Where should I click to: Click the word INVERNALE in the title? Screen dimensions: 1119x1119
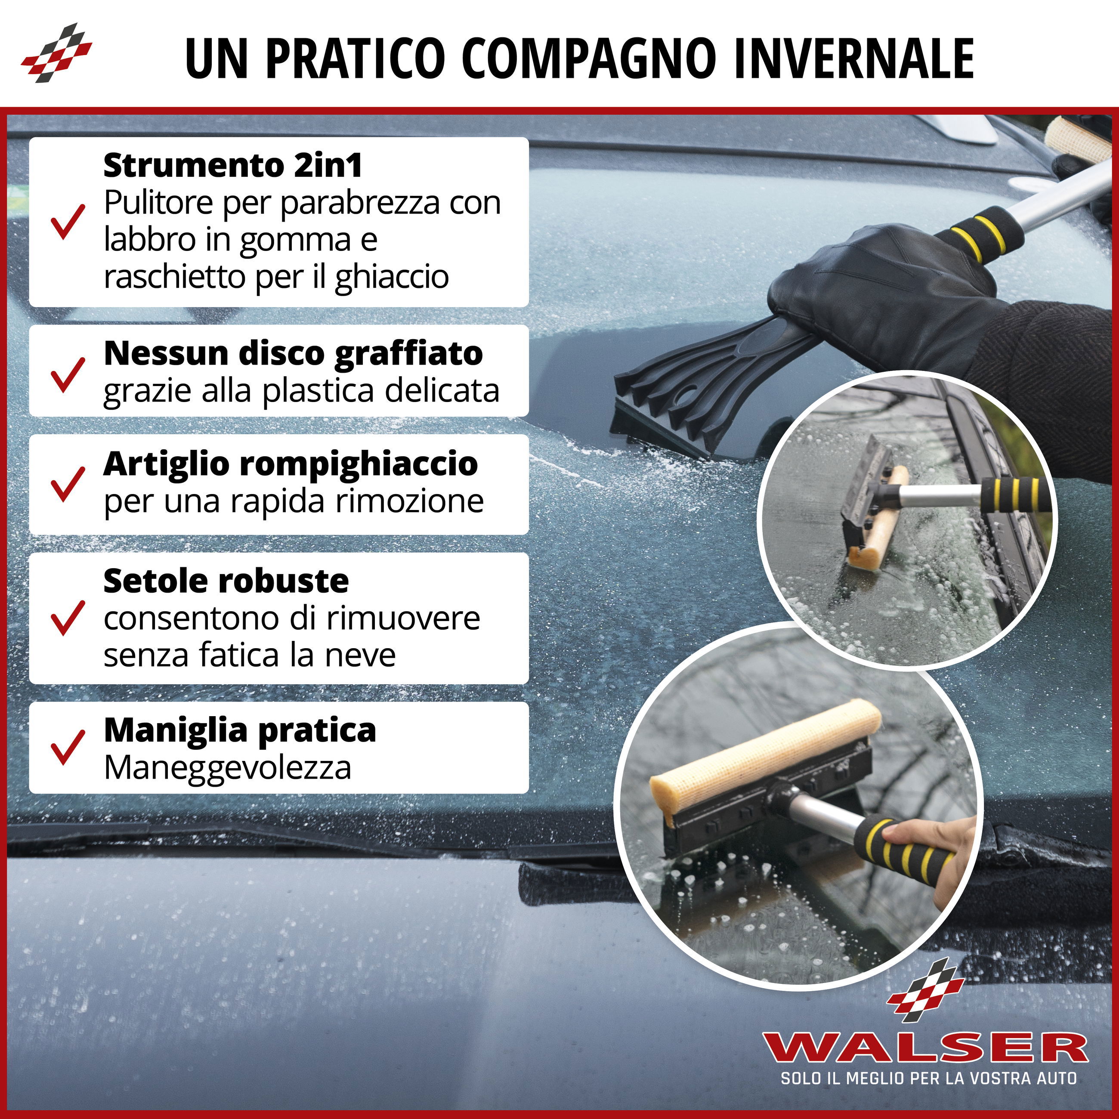click(x=853, y=59)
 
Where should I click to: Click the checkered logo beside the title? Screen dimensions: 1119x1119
click(x=56, y=53)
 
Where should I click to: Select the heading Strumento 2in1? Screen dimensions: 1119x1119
click(x=233, y=166)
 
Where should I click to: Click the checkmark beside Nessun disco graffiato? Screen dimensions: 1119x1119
click(x=67, y=374)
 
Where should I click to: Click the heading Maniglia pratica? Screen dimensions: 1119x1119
click(x=240, y=731)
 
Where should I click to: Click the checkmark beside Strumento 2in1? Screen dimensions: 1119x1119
click(x=67, y=221)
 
